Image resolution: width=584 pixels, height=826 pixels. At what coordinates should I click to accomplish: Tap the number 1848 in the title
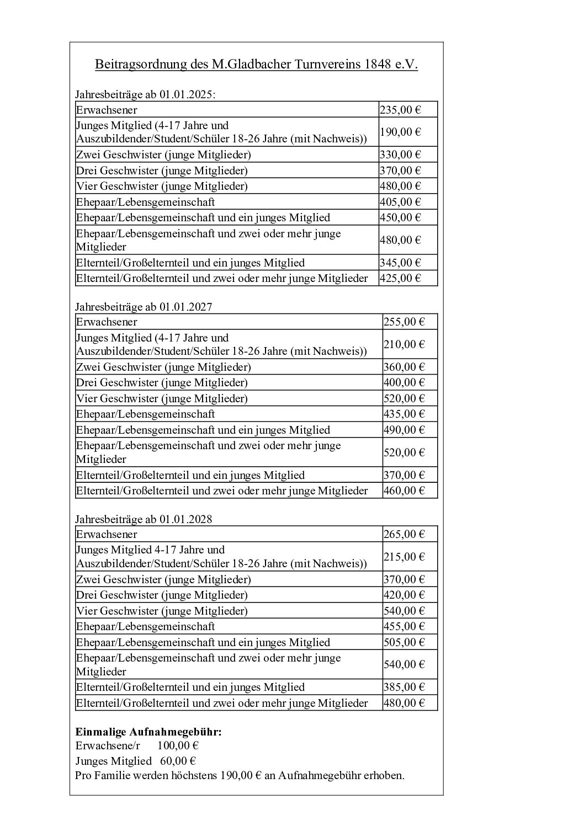[x=377, y=65]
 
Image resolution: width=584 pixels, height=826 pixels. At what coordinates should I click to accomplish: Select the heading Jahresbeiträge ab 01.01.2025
[x=145, y=94]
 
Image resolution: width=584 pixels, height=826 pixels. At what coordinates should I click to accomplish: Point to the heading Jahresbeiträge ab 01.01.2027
[x=144, y=307]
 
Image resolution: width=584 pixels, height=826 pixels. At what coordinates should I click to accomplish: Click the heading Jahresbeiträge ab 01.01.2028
[x=144, y=519]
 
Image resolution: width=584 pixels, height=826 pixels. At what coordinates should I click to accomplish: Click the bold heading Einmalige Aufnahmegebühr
[x=148, y=732]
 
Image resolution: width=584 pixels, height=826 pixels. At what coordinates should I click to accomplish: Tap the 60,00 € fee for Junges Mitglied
[x=179, y=761]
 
